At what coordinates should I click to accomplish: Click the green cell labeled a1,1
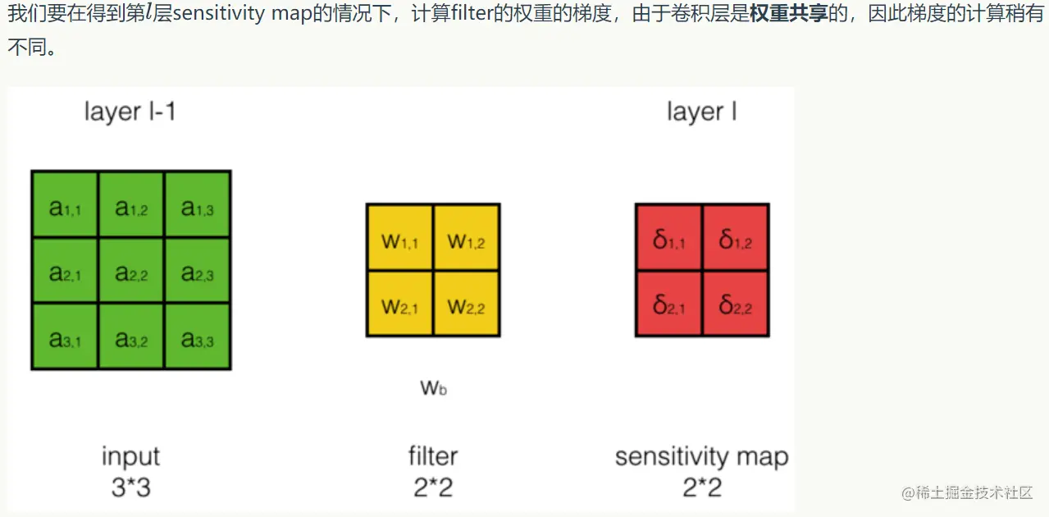65,204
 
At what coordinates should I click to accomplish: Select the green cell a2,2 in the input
131,271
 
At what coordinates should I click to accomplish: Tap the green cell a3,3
197,336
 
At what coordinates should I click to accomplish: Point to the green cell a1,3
197,204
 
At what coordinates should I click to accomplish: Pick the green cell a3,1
65,336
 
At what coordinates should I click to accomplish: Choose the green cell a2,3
197,271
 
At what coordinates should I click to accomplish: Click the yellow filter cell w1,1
400,238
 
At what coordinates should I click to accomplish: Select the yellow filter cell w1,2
466,238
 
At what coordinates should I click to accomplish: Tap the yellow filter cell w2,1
400,304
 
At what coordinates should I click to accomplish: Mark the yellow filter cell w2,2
466,304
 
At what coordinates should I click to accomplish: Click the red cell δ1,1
668,238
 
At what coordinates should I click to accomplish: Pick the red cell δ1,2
735,238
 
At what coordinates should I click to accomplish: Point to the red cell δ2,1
668,304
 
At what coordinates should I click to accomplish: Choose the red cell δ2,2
735,304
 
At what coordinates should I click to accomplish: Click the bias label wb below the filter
433,387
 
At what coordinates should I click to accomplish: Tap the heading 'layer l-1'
130,112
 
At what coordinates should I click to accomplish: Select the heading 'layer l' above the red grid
701,112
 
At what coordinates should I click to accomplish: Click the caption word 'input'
130,456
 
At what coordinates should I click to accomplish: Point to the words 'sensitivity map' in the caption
701,456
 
